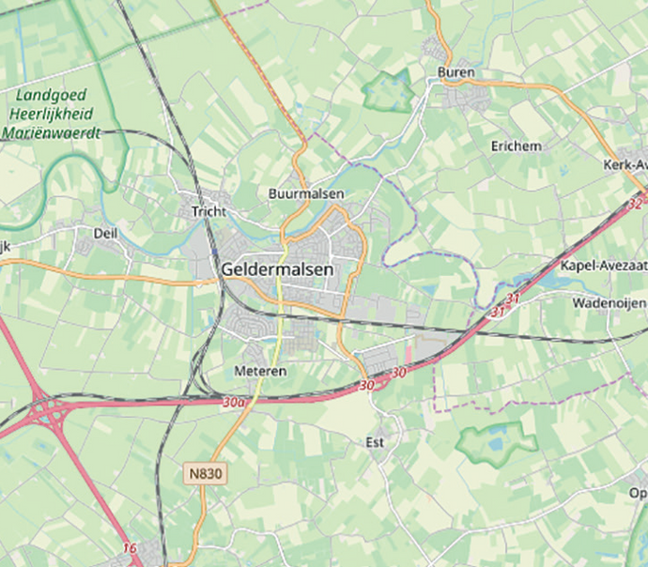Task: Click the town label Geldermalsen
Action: point(277,269)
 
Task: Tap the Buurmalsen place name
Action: point(306,193)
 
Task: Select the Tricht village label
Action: point(208,211)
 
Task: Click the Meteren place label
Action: point(260,372)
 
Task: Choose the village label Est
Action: point(375,440)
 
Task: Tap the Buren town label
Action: point(455,72)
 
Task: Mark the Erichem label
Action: point(516,146)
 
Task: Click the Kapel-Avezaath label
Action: point(603,266)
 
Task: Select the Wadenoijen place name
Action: point(609,303)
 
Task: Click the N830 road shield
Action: point(205,474)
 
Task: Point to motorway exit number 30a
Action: point(234,402)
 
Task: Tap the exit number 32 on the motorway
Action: point(636,203)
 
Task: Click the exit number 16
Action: point(129,547)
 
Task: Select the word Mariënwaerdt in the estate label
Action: point(51,133)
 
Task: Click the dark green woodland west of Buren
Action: point(389,91)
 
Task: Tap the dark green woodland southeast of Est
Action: point(491,443)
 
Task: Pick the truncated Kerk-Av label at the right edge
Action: point(625,165)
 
